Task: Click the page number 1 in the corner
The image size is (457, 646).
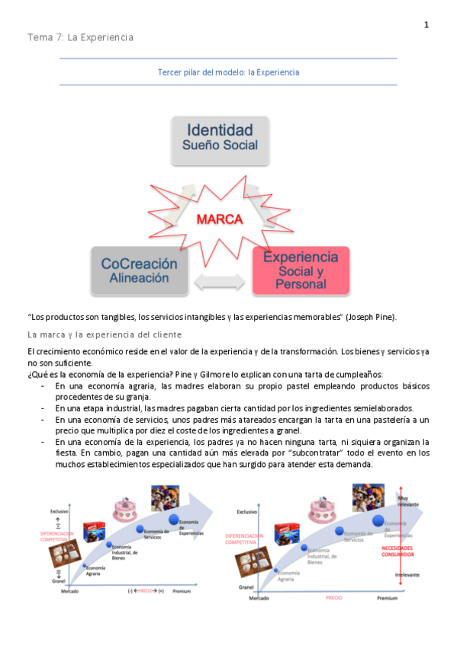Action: coord(426,25)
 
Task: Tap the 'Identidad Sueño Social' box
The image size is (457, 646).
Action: coord(220,137)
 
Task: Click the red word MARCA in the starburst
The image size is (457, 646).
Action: coord(220,219)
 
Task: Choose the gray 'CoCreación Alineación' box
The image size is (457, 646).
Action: coord(139,270)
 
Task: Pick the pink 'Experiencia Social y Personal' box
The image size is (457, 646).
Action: coord(301,270)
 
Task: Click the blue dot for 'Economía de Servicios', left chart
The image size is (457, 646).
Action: coord(140,529)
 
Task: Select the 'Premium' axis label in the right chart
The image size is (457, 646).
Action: coord(387,599)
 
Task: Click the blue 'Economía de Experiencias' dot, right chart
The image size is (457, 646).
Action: coord(378,520)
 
